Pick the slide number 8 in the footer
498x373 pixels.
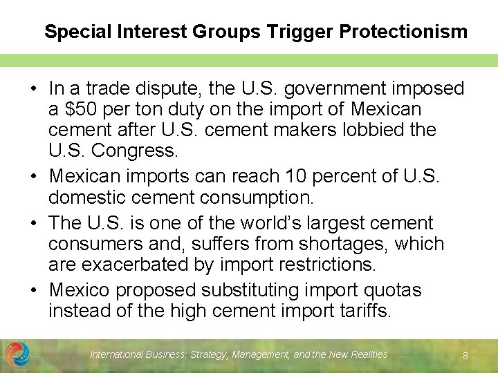(x=465, y=356)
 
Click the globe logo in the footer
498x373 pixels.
(x=17, y=354)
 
